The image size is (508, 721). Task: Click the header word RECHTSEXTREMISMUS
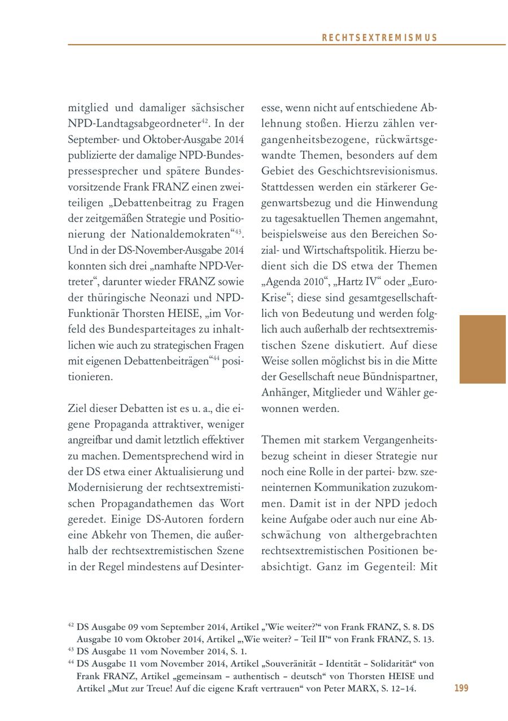point(379,38)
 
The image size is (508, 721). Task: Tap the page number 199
point(461,688)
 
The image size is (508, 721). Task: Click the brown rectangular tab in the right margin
point(483,349)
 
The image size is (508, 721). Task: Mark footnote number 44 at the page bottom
point(71,662)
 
